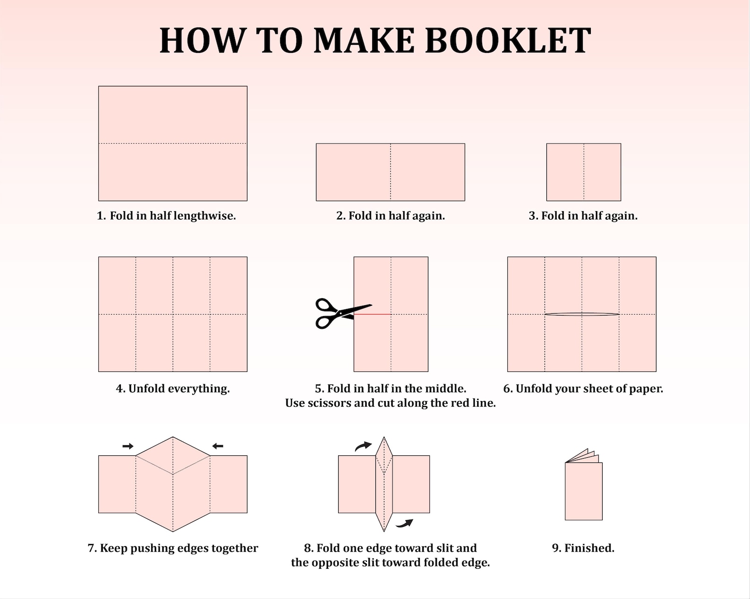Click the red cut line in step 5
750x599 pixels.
point(373,314)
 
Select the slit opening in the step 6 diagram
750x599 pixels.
point(582,314)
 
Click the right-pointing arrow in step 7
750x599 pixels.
point(128,446)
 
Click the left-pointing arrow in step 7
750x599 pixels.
point(218,446)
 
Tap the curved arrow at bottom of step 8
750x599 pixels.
point(404,523)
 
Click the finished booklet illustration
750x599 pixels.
point(583,487)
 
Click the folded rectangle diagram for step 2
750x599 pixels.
point(390,172)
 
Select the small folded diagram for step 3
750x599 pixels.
point(584,172)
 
